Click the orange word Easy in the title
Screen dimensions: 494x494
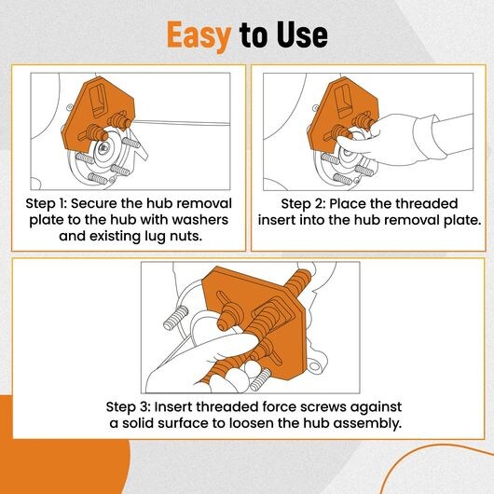click(x=199, y=35)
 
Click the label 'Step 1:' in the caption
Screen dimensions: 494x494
click(x=46, y=203)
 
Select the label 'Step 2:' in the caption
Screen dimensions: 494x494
click(x=303, y=203)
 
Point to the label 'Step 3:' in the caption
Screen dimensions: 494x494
click(x=129, y=406)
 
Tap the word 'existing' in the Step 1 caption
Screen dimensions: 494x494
click(x=115, y=237)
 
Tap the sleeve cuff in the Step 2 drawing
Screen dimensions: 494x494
click(x=430, y=137)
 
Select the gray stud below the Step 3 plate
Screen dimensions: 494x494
click(x=260, y=379)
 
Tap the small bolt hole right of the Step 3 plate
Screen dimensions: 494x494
click(x=314, y=366)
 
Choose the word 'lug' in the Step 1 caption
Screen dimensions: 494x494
click(x=155, y=237)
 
